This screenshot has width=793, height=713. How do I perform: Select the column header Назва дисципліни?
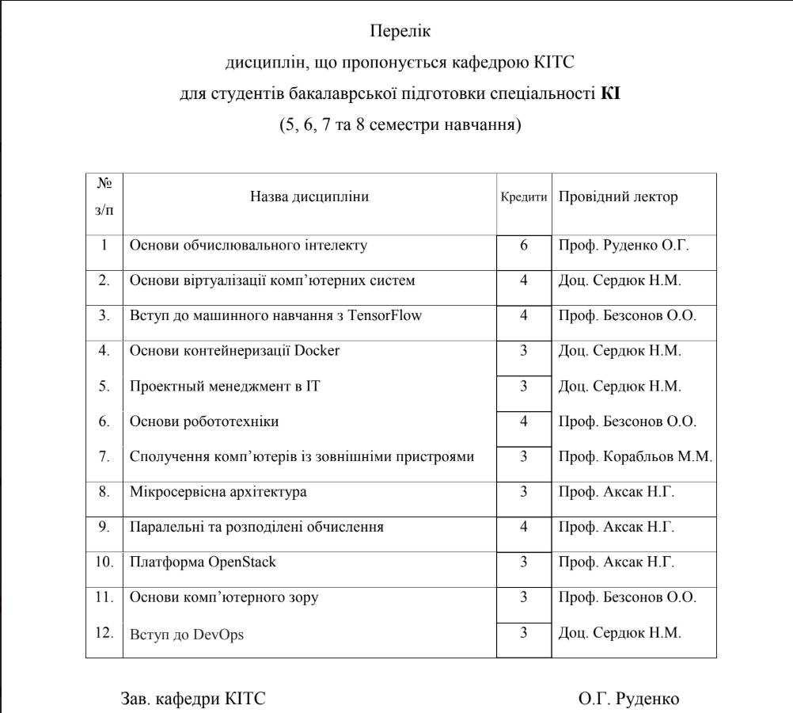(309, 197)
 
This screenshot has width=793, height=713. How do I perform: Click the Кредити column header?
(524, 197)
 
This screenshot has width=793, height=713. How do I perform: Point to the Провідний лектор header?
(618, 197)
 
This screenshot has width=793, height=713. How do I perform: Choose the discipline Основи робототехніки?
(204, 421)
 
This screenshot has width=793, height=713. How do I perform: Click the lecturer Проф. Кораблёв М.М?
(636, 457)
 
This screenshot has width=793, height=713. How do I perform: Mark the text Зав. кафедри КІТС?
(192, 699)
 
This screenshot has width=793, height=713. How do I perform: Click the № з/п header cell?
(104, 197)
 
